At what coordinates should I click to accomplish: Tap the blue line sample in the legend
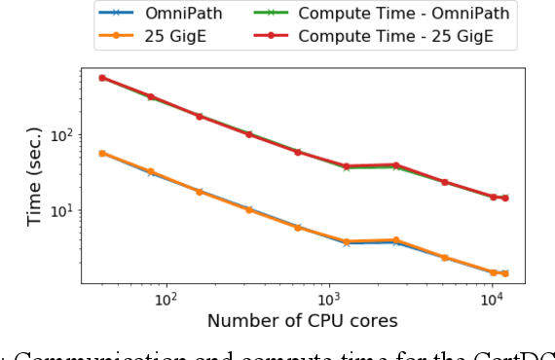[115, 14]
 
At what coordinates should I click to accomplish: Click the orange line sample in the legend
[115, 36]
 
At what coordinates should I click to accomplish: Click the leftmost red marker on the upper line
[102, 78]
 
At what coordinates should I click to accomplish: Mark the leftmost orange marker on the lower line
[102, 153]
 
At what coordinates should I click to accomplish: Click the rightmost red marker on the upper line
[504, 198]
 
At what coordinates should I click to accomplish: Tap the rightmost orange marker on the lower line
[504, 273]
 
